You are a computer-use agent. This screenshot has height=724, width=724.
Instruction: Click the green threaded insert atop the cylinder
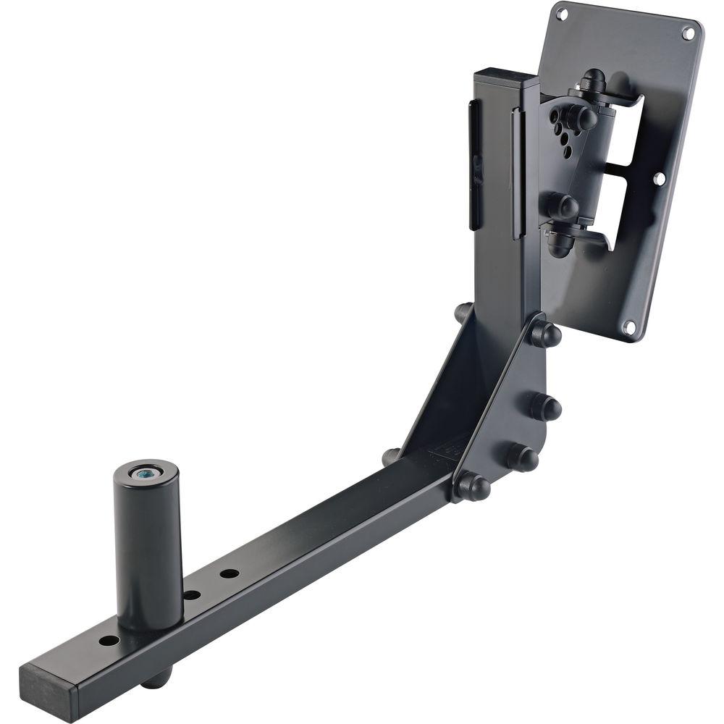145,473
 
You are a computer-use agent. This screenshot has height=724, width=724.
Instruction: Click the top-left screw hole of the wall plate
561,12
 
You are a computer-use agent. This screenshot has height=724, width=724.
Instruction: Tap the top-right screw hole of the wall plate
688,32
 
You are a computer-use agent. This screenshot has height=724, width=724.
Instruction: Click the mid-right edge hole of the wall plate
659,177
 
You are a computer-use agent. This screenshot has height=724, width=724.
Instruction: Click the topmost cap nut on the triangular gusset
547,333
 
